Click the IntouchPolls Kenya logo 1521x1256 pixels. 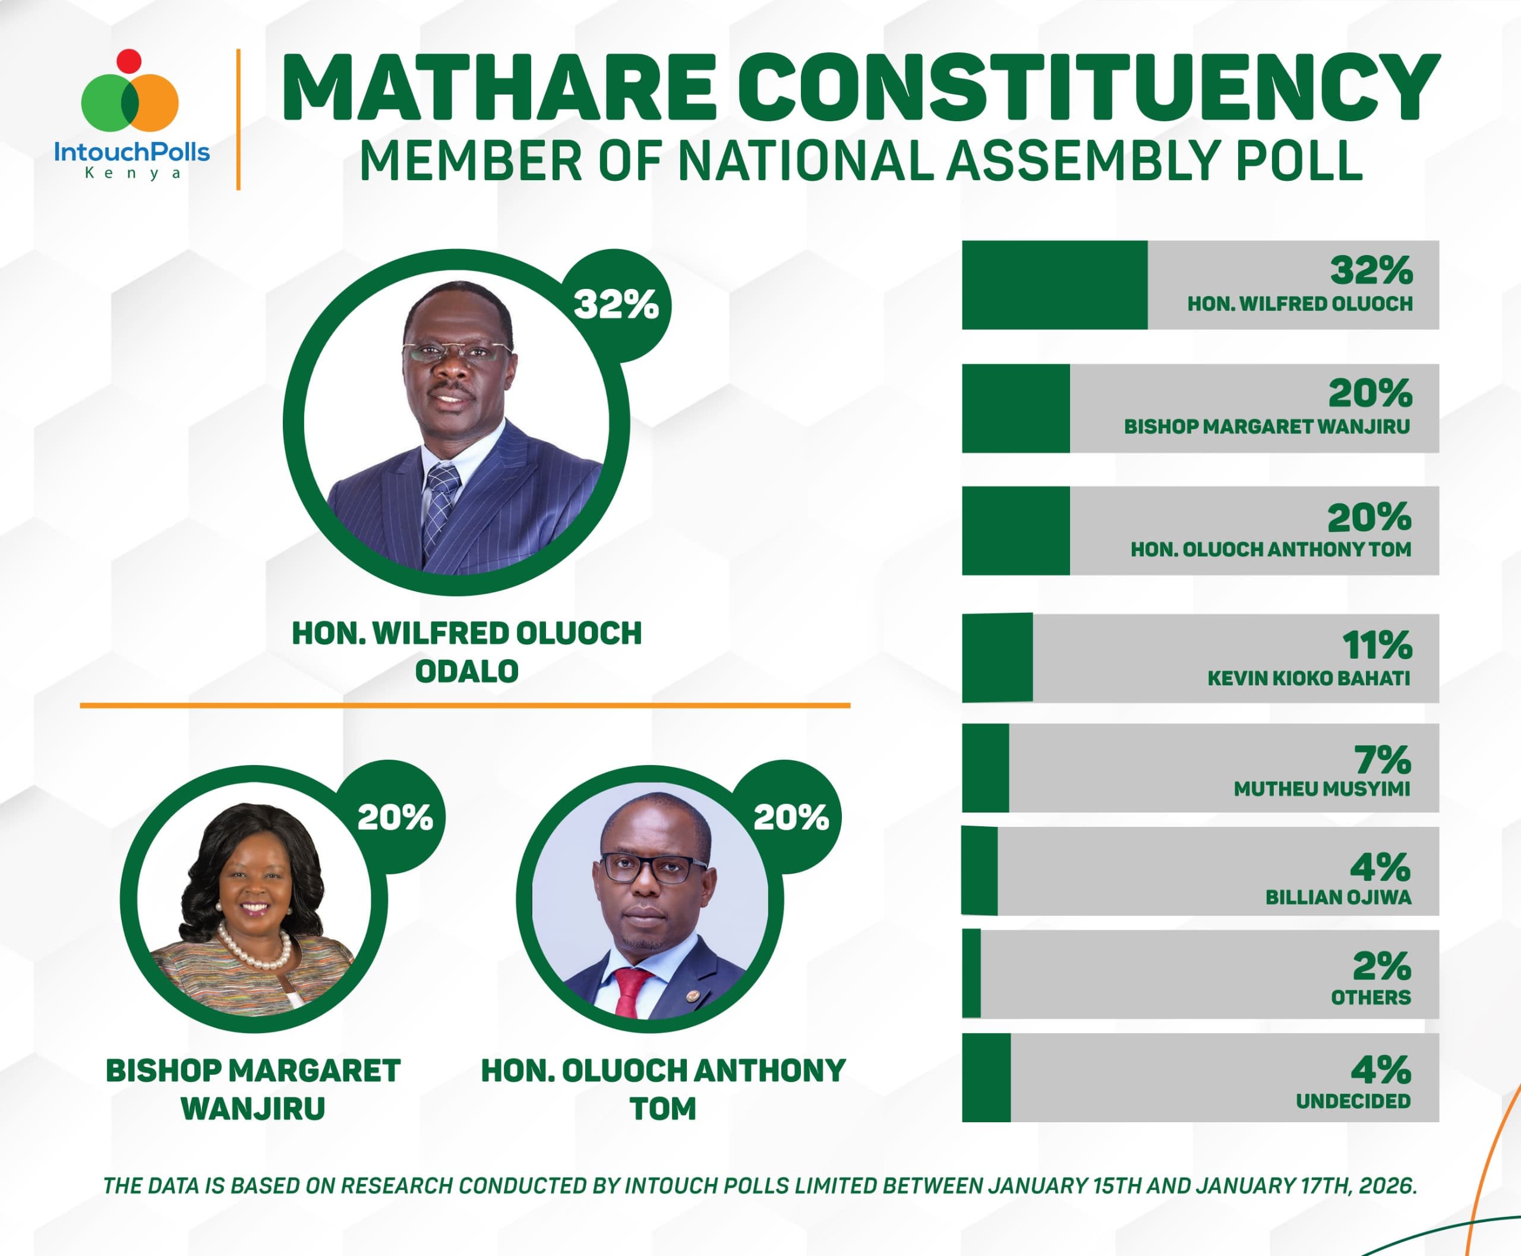coord(131,116)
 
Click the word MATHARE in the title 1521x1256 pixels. coord(499,88)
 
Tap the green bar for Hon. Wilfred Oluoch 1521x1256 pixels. coord(1054,285)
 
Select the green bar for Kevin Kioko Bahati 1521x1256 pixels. coord(998,657)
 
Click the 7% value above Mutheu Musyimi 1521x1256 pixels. coord(1382,760)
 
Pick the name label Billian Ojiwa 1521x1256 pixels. coord(1338,897)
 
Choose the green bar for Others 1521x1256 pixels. coord(972,974)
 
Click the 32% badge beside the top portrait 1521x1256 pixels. coord(616,304)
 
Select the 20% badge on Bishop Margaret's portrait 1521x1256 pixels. coord(395,817)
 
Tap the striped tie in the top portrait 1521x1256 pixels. coord(440,506)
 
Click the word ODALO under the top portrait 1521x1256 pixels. coord(466,672)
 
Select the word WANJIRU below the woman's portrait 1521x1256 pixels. coord(253,1109)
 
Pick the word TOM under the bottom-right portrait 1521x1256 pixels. coord(662,1109)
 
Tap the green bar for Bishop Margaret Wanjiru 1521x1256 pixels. coord(1015,409)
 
